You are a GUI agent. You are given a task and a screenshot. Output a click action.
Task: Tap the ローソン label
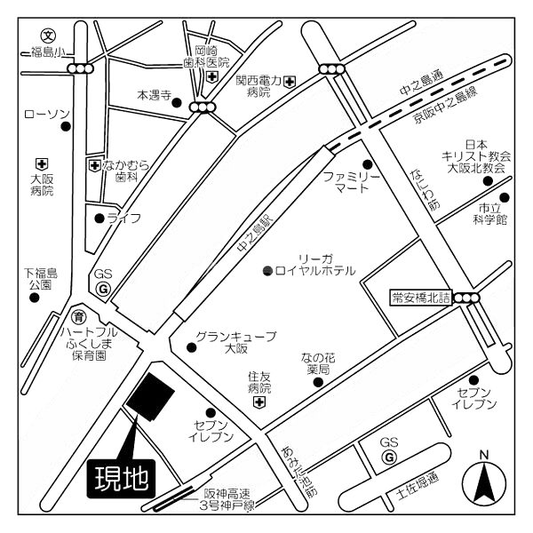click(x=46, y=114)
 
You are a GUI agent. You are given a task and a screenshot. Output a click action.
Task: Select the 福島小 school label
click(x=48, y=52)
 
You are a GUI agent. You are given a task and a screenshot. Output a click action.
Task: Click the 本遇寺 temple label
click(x=152, y=93)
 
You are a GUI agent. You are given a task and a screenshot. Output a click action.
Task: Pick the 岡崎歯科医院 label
click(x=206, y=56)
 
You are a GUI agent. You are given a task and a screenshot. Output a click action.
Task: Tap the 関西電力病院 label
click(x=259, y=85)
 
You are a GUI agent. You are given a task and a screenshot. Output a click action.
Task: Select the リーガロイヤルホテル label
click(x=315, y=264)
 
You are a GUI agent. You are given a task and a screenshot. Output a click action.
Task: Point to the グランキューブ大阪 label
click(x=235, y=341)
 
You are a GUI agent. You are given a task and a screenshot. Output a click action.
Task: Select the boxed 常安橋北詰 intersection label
click(x=421, y=298)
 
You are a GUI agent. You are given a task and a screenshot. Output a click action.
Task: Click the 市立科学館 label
click(x=488, y=212)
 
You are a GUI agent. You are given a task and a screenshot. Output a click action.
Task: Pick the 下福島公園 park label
click(x=39, y=278)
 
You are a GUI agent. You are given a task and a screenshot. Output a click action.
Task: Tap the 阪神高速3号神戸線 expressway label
click(x=228, y=499)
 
